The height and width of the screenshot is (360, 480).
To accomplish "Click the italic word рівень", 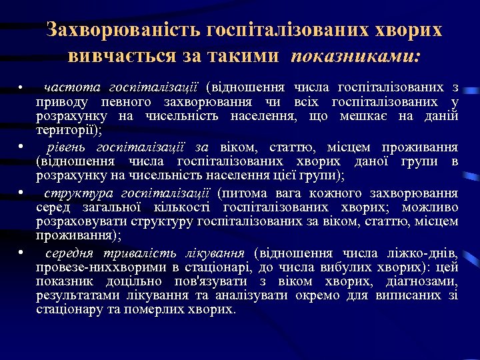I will pyautogui.click(x=67, y=147).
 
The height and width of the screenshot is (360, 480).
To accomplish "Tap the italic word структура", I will pyautogui.click(x=78, y=193).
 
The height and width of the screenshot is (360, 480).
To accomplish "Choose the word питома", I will pyautogui.click(x=247, y=193).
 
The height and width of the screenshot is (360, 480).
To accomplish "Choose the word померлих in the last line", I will pyautogui.click(x=171, y=310).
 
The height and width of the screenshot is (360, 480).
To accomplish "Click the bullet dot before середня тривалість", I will pyautogui.click(x=22, y=253).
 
